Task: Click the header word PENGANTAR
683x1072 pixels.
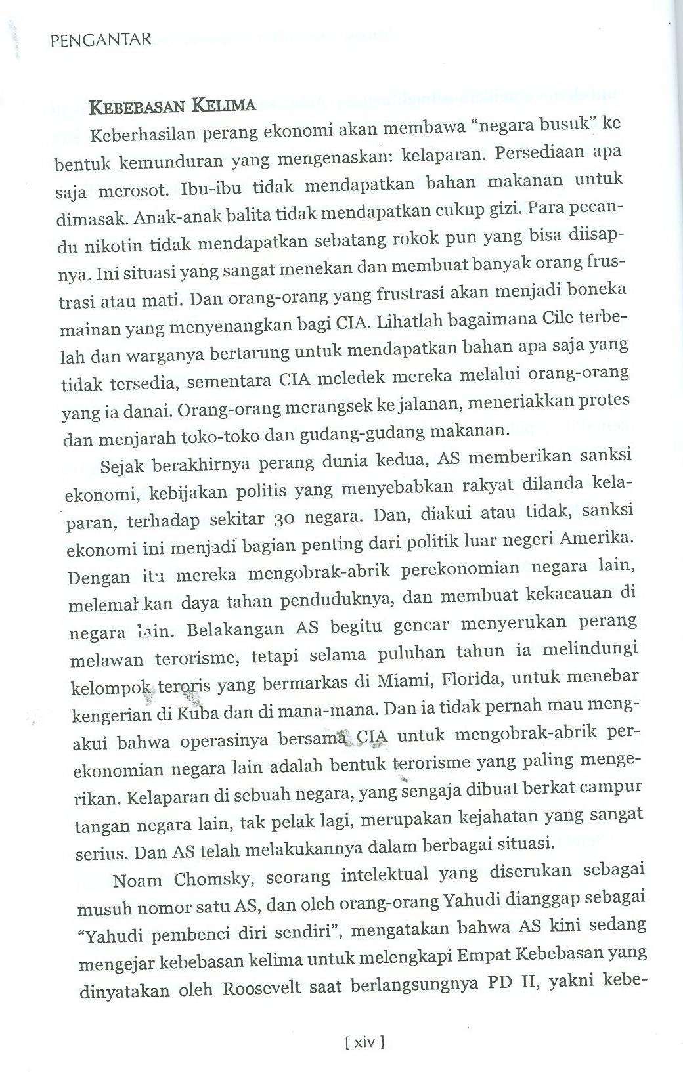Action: click(100, 41)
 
